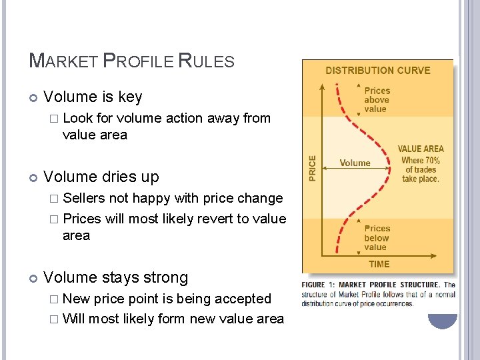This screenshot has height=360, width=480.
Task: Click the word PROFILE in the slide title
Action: coord(141,61)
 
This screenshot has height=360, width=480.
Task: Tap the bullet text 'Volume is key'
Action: coord(93,97)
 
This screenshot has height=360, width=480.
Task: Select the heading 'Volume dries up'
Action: coord(101,177)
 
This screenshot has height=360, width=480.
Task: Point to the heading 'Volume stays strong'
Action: coord(115,277)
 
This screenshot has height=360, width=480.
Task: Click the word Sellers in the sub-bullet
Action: coord(84,198)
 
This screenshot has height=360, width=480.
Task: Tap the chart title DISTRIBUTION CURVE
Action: coord(377,70)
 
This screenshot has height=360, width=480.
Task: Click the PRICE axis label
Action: coord(311,167)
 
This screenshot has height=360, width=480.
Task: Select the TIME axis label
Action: coord(379,264)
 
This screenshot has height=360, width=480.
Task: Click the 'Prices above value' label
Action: coord(377,99)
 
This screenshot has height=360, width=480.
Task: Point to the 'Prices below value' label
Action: coord(377,237)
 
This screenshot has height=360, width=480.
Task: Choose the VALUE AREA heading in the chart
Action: coord(420,149)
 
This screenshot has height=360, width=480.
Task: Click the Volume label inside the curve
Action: coord(355,163)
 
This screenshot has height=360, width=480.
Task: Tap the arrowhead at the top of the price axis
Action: coord(321,86)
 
